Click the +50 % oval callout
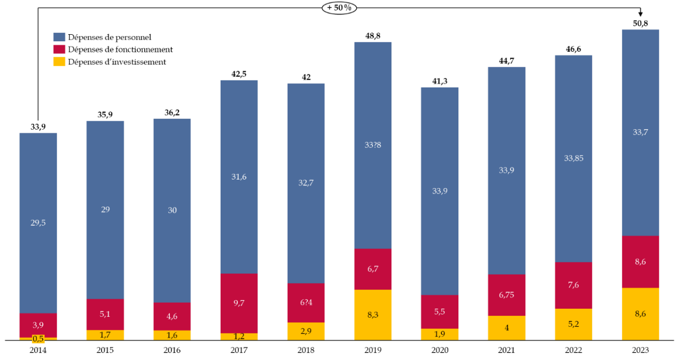[x=339, y=8]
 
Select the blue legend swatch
[x=59, y=37]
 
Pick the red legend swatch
[x=59, y=49]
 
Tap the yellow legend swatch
[x=59, y=61]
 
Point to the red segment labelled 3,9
[x=38, y=325]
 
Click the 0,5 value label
[x=38, y=339]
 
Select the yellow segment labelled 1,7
[x=105, y=335]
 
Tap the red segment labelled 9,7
[x=239, y=303]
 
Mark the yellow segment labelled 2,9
[x=306, y=331]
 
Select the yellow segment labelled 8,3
[x=373, y=315]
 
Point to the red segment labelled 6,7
[x=373, y=269]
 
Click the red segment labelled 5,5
[x=440, y=312]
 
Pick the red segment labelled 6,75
[x=507, y=295]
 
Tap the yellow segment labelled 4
[x=507, y=328]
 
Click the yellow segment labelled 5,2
[x=573, y=324]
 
